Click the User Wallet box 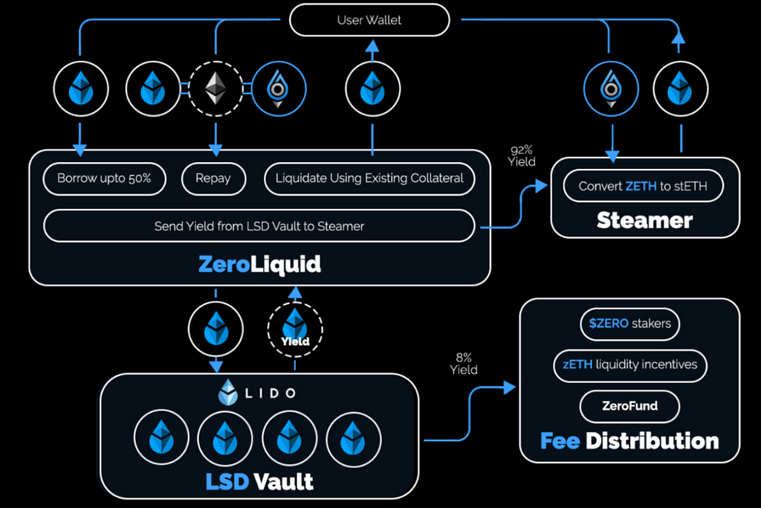click(x=369, y=20)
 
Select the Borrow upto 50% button click(x=104, y=179)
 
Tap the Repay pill click(x=213, y=179)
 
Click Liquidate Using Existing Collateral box click(x=369, y=179)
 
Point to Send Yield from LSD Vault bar click(x=259, y=225)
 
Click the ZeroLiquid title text click(x=259, y=265)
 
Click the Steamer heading click(x=644, y=220)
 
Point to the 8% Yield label click(x=463, y=364)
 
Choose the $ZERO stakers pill click(x=629, y=324)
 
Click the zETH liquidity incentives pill click(x=629, y=364)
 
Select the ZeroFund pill click(x=629, y=406)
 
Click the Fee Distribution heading click(x=629, y=440)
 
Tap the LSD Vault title click(x=259, y=480)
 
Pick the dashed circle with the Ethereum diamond click(x=216, y=89)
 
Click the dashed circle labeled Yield click(x=295, y=327)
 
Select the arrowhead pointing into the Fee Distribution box click(x=510, y=388)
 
